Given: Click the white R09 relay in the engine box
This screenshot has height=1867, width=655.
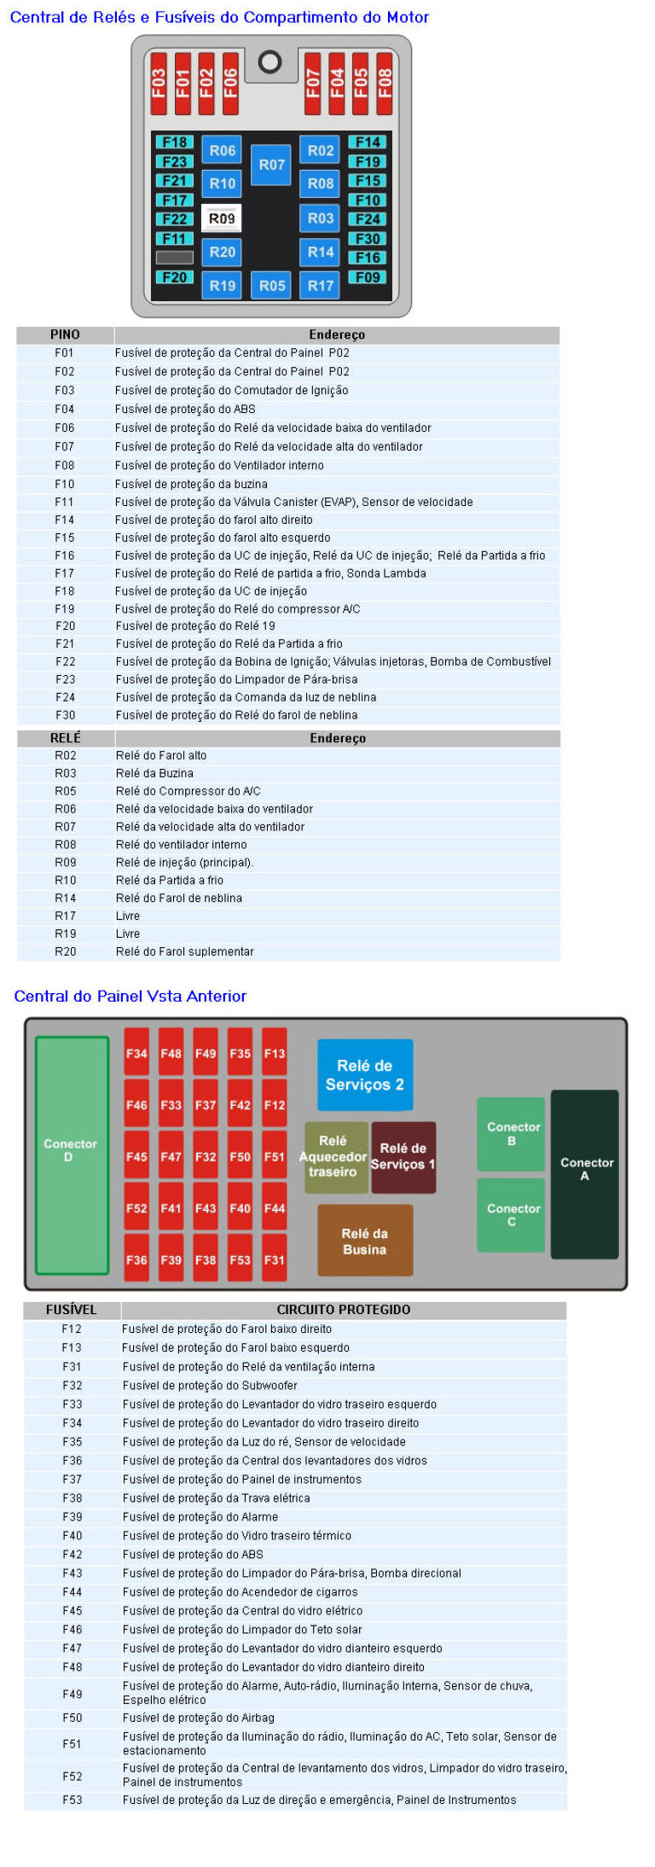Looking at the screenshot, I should (x=221, y=218).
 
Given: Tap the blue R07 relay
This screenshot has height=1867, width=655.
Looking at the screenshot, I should (x=271, y=165).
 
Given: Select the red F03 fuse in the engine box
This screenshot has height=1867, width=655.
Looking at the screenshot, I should (x=159, y=83).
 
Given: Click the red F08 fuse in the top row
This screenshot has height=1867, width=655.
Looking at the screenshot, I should (x=385, y=83).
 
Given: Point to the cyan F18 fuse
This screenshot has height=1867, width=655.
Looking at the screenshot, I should (x=175, y=142).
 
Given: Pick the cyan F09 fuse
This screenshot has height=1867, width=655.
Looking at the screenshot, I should (x=368, y=277).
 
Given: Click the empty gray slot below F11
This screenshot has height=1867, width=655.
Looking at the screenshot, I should (x=175, y=257).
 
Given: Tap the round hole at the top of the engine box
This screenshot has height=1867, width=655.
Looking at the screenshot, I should (x=270, y=61).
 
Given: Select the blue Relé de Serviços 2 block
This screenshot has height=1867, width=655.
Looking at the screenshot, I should (x=365, y=1074).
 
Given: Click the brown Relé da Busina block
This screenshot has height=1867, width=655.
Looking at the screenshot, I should (x=365, y=1241).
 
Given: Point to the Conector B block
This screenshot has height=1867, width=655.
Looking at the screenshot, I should (x=511, y=1133).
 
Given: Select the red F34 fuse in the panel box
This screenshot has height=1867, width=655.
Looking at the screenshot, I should (x=136, y=1053).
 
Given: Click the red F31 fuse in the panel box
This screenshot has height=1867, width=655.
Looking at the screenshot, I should (x=275, y=1259).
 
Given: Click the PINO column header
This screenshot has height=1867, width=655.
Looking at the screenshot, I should (x=65, y=334).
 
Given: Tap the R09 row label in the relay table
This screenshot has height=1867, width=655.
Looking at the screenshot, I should (x=65, y=862).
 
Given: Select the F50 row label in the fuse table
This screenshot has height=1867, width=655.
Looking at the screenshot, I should (x=72, y=1718).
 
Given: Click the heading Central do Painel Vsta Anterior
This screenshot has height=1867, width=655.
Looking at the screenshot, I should (x=130, y=996).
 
